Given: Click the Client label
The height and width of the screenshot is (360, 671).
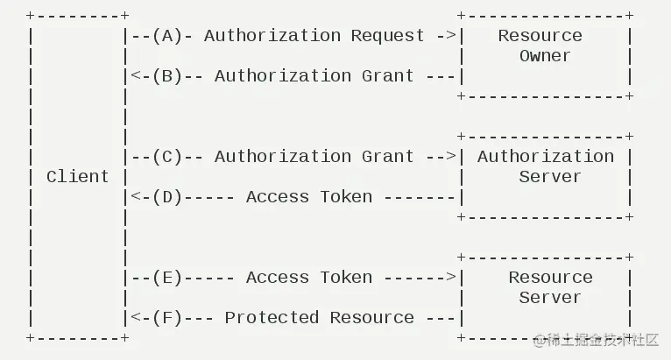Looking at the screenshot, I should [x=78, y=177].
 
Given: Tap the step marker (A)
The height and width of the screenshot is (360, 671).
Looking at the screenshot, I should [x=166, y=36].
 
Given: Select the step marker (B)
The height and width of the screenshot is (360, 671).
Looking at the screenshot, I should [x=166, y=76].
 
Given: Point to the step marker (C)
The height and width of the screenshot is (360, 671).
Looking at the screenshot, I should [x=166, y=157].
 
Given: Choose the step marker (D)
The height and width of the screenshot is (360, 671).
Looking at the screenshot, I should [x=166, y=197].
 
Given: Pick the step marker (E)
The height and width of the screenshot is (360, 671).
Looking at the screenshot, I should [x=166, y=278].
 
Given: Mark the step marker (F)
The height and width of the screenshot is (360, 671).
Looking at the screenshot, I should [x=166, y=318].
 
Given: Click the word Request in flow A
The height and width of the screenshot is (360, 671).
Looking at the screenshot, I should [x=387, y=36].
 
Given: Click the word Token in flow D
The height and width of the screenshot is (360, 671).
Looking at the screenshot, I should [x=346, y=197].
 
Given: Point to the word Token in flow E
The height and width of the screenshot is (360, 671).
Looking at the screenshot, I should [x=346, y=278].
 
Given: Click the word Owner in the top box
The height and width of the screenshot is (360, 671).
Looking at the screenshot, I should [x=545, y=56].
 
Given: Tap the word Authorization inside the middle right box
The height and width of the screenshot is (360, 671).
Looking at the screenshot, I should [x=545, y=157].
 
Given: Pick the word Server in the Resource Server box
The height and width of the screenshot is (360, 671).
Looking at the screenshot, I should [x=550, y=298].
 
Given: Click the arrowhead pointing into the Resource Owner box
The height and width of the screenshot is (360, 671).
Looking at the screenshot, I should [x=451, y=36].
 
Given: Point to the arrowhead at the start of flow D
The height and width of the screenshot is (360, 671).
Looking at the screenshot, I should [x=135, y=197].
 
